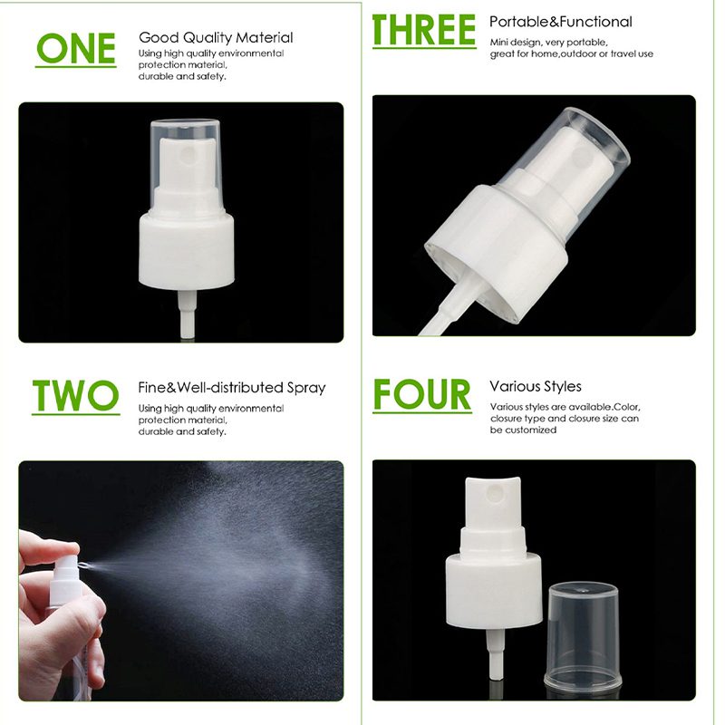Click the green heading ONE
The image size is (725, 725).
[76, 48]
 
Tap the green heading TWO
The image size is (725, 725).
[76, 395]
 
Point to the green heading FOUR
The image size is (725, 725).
[422, 394]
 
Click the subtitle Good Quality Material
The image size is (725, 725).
[216, 37]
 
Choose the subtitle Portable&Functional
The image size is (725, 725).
[560, 22]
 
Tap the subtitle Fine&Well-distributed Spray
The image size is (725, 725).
[232, 388]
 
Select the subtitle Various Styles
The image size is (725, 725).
[536, 386]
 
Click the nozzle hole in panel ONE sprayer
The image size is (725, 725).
[190, 155]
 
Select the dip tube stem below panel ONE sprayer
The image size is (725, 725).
[188, 314]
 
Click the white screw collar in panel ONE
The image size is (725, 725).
[187, 251]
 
